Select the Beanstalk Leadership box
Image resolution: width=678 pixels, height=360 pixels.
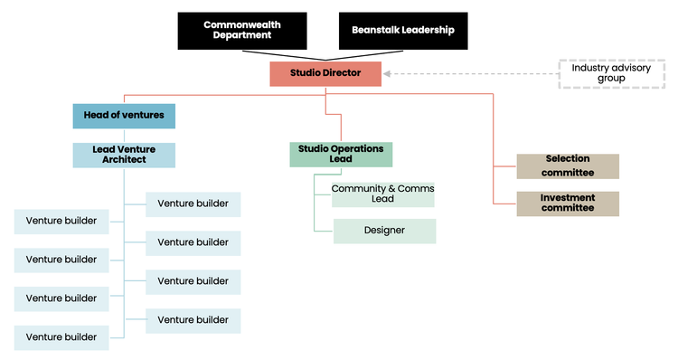tap(403, 30)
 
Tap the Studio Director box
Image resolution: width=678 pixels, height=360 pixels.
tap(325, 74)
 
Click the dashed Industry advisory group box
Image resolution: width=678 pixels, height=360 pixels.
tap(598, 73)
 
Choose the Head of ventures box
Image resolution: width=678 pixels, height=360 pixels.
tap(124, 116)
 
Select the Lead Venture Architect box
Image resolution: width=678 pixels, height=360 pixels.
tap(124, 155)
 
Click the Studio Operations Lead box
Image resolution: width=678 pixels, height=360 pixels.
tap(341, 155)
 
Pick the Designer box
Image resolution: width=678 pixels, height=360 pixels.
tap(384, 231)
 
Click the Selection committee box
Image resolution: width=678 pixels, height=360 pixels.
tap(568, 166)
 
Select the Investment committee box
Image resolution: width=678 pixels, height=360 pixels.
tap(568, 204)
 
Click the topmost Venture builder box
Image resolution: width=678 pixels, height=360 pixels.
tap(193, 204)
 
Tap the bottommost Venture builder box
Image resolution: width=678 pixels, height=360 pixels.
tap(61, 337)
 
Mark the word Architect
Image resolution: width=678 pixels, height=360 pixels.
tap(124, 160)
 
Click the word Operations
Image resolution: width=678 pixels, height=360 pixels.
tap(359, 148)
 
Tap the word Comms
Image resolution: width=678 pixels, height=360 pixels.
tap(411, 188)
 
